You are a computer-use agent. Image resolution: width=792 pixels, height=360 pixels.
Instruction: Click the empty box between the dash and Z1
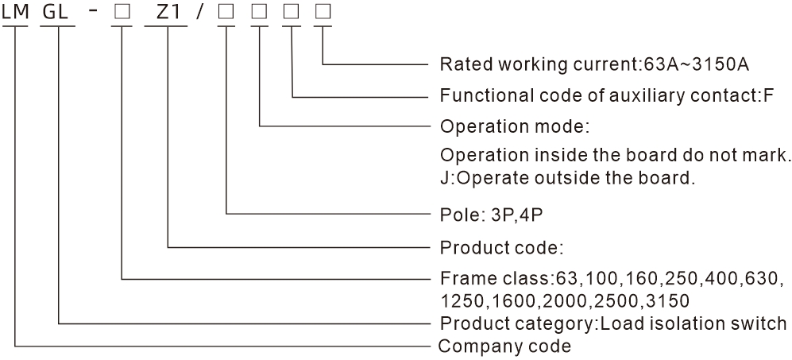tap(122, 13)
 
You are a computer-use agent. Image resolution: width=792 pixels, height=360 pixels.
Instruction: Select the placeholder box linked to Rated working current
tap(323, 13)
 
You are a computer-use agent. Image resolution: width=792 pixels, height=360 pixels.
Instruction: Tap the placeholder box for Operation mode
tap(261, 13)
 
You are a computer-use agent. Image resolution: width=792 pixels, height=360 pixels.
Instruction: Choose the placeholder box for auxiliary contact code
tap(293, 13)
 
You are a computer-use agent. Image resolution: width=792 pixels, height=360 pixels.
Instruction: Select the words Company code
tap(504, 346)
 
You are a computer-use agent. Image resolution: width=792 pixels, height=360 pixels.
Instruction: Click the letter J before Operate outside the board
tap(443, 177)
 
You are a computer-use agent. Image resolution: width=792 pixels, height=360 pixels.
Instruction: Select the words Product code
tap(500, 247)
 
